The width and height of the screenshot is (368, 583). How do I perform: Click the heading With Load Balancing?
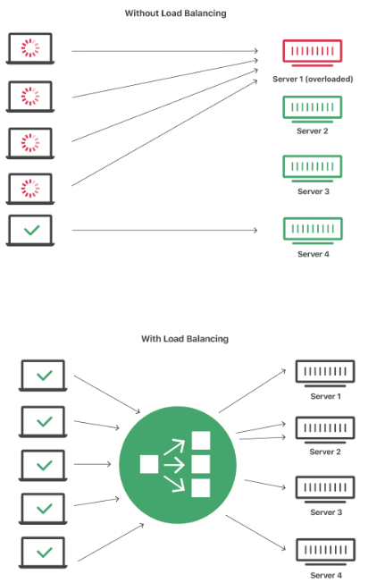click(x=184, y=339)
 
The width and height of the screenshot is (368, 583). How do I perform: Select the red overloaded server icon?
click(x=313, y=53)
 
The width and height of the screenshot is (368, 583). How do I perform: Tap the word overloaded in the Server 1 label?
click(x=333, y=79)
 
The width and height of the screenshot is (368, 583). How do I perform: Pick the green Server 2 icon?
click(x=313, y=107)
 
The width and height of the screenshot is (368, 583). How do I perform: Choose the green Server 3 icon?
click(x=313, y=167)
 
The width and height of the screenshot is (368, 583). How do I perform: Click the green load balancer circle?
click(x=178, y=463)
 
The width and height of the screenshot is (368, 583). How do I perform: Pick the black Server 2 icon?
click(x=325, y=429)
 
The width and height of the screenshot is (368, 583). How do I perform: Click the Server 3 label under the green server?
click(x=313, y=191)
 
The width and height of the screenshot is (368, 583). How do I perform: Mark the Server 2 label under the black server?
click(x=325, y=452)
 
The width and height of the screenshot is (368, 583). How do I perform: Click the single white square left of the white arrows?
click(x=149, y=464)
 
